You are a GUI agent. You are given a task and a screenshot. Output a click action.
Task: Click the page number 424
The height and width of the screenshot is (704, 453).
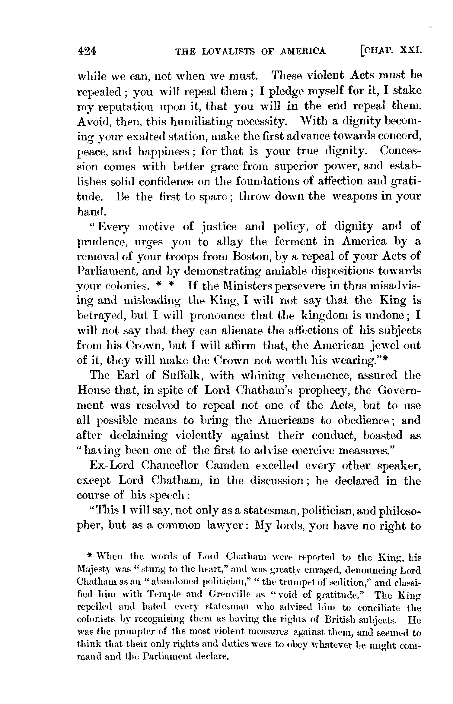click(87, 51)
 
